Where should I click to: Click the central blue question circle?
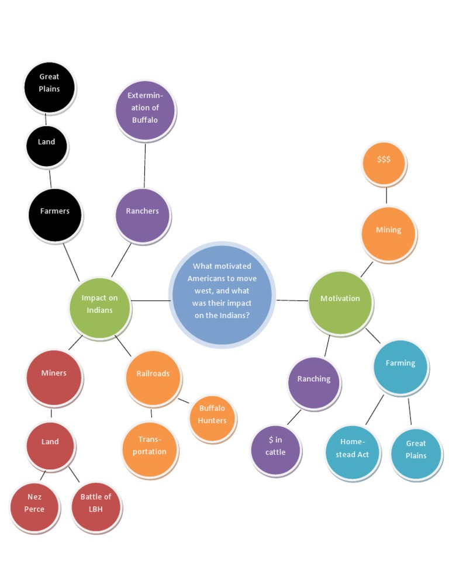(x=222, y=294)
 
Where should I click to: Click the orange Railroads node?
(x=153, y=377)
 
